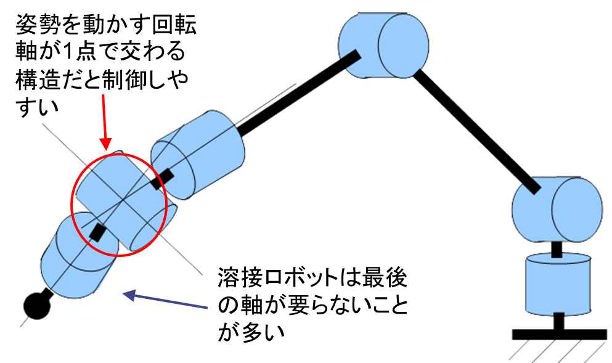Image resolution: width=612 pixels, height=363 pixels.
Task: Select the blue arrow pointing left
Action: coord(166,301)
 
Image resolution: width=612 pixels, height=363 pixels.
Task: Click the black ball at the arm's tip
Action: coord(36,306)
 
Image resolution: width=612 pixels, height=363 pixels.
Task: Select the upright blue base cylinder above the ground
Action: coord(557,284)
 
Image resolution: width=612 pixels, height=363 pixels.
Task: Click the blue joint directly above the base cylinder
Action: coord(557,210)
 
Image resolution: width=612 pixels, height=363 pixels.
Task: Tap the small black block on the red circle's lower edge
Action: coord(97,232)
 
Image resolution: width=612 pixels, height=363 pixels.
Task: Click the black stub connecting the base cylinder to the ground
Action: coord(558,322)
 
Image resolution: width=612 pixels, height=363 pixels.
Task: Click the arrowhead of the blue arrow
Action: coord(128,295)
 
